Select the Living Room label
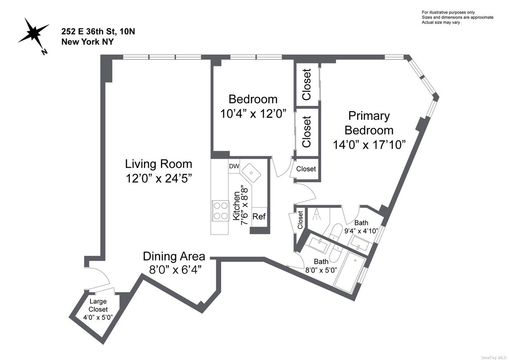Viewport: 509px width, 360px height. [x=158, y=164]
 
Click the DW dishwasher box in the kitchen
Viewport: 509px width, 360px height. [x=234, y=166]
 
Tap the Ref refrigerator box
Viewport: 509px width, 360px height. [x=259, y=217]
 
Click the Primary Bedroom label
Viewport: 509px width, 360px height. [x=368, y=123]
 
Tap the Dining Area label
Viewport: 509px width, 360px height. [x=174, y=256]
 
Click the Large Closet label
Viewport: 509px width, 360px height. [x=98, y=305]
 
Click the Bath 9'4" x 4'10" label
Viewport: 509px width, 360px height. [x=361, y=227]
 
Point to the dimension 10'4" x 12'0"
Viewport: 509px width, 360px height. [x=253, y=114]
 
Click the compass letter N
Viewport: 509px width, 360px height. [x=44, y=52]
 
